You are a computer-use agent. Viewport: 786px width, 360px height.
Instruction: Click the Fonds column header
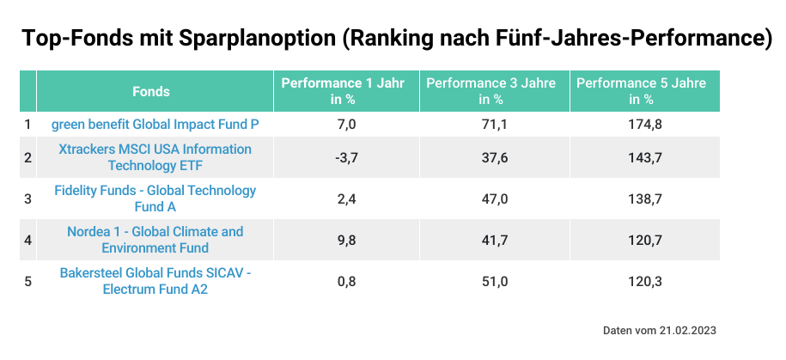151,91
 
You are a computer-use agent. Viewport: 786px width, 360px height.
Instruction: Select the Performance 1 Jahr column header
344,91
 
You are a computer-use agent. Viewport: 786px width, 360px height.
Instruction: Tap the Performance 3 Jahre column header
490,91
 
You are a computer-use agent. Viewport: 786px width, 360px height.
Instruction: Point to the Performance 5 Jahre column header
641,91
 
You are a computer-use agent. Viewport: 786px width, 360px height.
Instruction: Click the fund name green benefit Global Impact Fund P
155,125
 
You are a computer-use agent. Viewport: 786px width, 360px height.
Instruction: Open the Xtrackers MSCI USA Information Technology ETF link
155,157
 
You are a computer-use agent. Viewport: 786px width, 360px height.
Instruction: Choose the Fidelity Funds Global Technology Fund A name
155,198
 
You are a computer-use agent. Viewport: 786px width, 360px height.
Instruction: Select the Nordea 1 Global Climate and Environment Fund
155,240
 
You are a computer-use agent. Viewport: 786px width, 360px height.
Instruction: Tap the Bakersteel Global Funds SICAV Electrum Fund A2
155,281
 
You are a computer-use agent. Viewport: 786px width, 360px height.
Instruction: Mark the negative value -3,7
345,157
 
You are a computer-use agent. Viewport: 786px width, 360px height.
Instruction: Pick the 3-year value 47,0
493,198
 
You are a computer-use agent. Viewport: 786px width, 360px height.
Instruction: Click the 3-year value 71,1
493,125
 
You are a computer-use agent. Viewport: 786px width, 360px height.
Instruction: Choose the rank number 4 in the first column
27,240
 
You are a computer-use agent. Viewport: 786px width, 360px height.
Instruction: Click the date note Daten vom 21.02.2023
659,330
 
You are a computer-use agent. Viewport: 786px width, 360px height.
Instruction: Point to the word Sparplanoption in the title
253,39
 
